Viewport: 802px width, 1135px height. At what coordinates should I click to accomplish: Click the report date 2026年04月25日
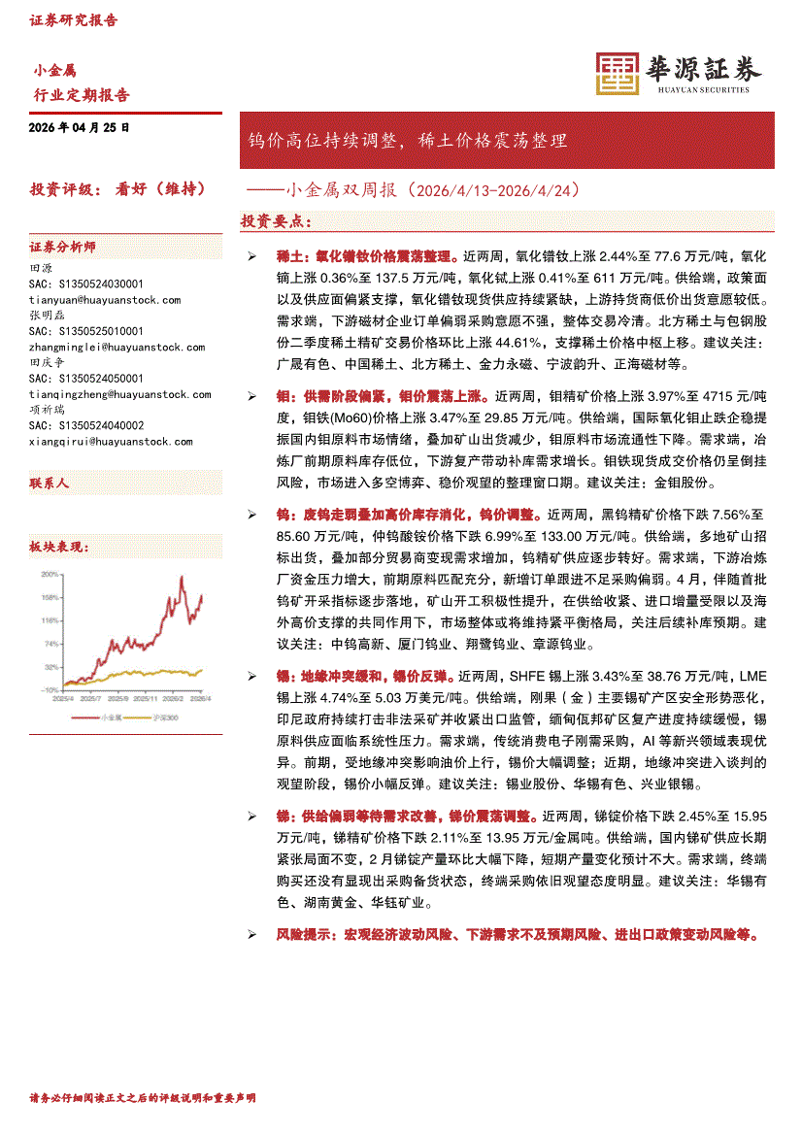pos(80,128)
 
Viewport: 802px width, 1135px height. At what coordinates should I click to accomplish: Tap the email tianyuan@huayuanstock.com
pos(105,300)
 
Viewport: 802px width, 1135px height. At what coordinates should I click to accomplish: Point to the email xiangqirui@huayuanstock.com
pos(111,441)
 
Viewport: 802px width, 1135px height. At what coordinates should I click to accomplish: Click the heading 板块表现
pos(59,548)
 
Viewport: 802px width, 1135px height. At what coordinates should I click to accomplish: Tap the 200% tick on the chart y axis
pos(50,574)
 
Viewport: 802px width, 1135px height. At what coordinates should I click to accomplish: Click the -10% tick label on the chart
pos(49,689)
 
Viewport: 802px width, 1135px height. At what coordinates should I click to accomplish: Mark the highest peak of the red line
pos(182,577)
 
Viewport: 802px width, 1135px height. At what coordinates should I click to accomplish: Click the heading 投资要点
pos(276,222)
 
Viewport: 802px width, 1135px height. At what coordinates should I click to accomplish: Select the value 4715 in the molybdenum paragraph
pos(703,397)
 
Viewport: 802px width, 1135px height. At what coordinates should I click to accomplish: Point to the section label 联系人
pos(50,483)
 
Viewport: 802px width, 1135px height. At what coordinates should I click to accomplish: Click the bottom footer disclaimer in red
pos(143,1098)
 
